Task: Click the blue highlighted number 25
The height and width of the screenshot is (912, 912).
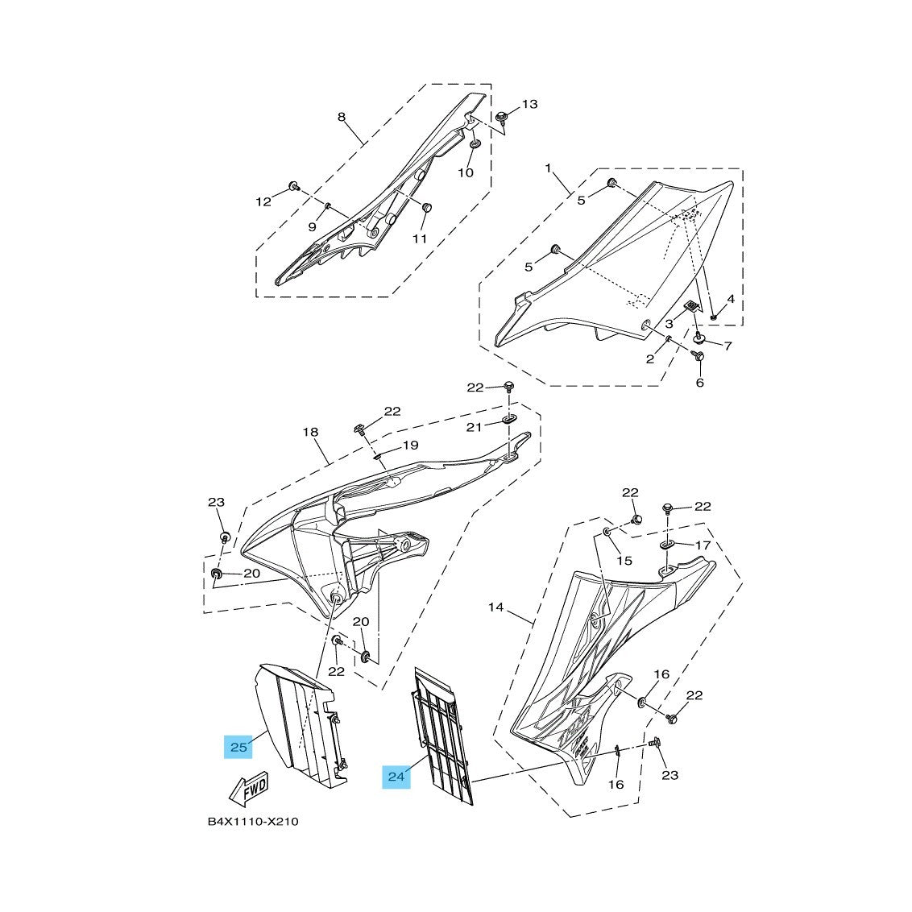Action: pyautogui.click(x=238, y=747)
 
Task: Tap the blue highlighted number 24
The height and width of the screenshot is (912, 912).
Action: pyautogui.click(x=396, y=777)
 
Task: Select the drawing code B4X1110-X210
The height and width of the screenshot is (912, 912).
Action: pyautogui.click(x=253, y=821)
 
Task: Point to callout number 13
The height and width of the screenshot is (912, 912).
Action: pyautogui.click(x=529, y=104)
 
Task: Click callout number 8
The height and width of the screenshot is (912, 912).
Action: pyautogui.click(x=342, y=117)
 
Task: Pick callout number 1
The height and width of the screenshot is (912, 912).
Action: pyautogui.click(x=548, y=168)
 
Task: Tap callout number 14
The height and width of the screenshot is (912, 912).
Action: pyautogui.click(x=495, y=607)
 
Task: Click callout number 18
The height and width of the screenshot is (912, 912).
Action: pyautogui.click(x=311, y=432)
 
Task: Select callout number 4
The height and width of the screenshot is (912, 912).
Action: pyautogui.click(x=731, y=299)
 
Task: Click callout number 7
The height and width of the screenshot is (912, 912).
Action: pyautogui.click(x=728, y=346)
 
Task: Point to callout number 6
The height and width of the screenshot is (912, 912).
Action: pyautogui.click(x=699, y=382)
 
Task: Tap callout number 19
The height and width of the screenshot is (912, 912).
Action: pyautogui.click(x=410, y=445)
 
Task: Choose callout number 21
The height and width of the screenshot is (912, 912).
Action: pyautogui.click(x=474, y=427)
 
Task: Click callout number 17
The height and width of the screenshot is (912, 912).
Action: pyautogui.click(x=703, y=545)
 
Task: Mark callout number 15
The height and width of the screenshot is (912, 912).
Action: pyautogui.click(x=624, y=561)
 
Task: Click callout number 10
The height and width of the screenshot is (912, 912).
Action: pyautogui.click(x=466, y=172)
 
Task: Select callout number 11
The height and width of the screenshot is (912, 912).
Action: pyautogui.click(x=420, y=238)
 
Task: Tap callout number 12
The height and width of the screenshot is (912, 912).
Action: pyautogui.click(x=263, y=202)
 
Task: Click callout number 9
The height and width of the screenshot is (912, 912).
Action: pyautogui.click(x=312, y=226)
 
